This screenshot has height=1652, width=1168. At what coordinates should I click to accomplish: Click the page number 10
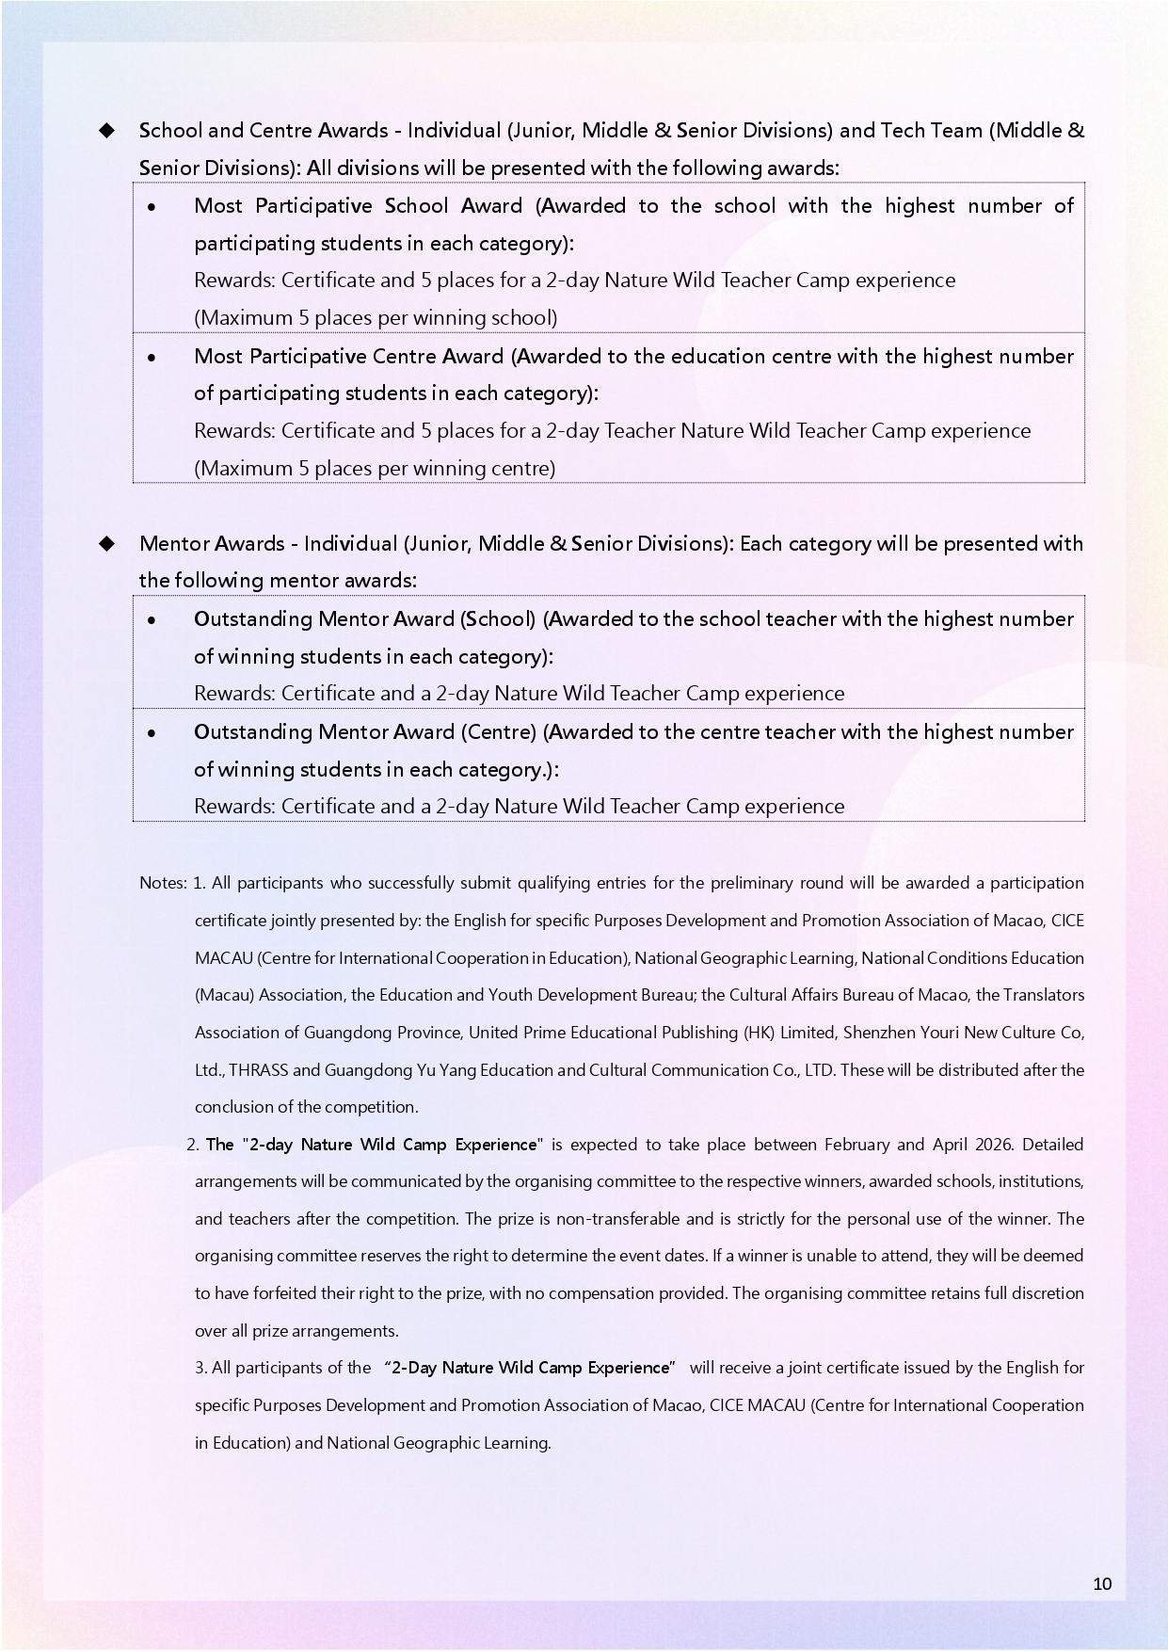click(x=1102, y=1583)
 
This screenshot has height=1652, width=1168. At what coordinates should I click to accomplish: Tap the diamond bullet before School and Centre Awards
click(x=106, y=130)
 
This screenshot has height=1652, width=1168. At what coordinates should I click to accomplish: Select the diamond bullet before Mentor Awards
click(x=106, y=543)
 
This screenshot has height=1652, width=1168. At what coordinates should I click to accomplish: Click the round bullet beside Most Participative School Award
click(x=152, y=206)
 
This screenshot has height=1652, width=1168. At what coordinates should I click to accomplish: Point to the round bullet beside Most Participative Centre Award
click(x=152, y=357)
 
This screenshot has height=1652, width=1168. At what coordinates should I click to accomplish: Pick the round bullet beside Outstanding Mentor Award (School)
click(x=152, y=619)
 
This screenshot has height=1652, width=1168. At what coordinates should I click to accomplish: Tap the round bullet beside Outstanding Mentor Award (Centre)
click(x=152, y=732)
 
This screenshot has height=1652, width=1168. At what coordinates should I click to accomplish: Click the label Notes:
click(x=163, y=883)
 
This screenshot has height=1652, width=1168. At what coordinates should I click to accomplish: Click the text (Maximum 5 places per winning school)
click(x=376, y=317)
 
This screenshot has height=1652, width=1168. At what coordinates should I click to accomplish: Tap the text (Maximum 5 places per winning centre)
click(x=375, y=468)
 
